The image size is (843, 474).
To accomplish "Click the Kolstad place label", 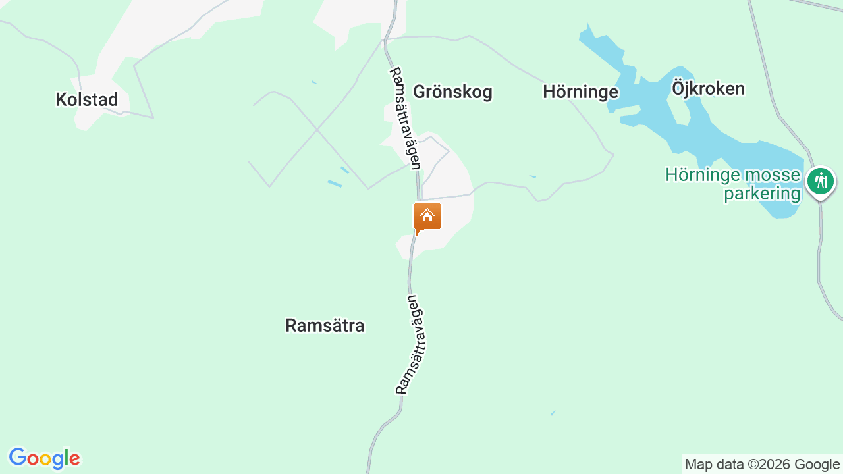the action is coord(87,100).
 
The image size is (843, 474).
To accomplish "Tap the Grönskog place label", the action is coord(452,92).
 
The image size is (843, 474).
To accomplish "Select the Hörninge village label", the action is coord(580,92).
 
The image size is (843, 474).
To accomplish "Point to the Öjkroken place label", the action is coord(708,88).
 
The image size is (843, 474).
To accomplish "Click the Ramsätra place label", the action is coord(325,325).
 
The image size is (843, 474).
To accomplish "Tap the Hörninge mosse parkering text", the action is coord(733,184).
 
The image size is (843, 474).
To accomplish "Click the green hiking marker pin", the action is coord(821,181).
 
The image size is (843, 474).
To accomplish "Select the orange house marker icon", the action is coord(427,217).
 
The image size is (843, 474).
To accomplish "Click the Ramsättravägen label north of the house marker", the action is coord(405,118).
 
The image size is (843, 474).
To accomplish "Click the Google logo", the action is coord(44,458).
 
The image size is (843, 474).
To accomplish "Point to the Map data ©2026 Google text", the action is coord(762,465).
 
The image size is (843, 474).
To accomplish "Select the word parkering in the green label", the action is coord(762,194).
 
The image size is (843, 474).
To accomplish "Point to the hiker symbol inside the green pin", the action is coord(821,180).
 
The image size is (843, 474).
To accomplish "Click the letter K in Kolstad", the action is coord(61,100).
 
